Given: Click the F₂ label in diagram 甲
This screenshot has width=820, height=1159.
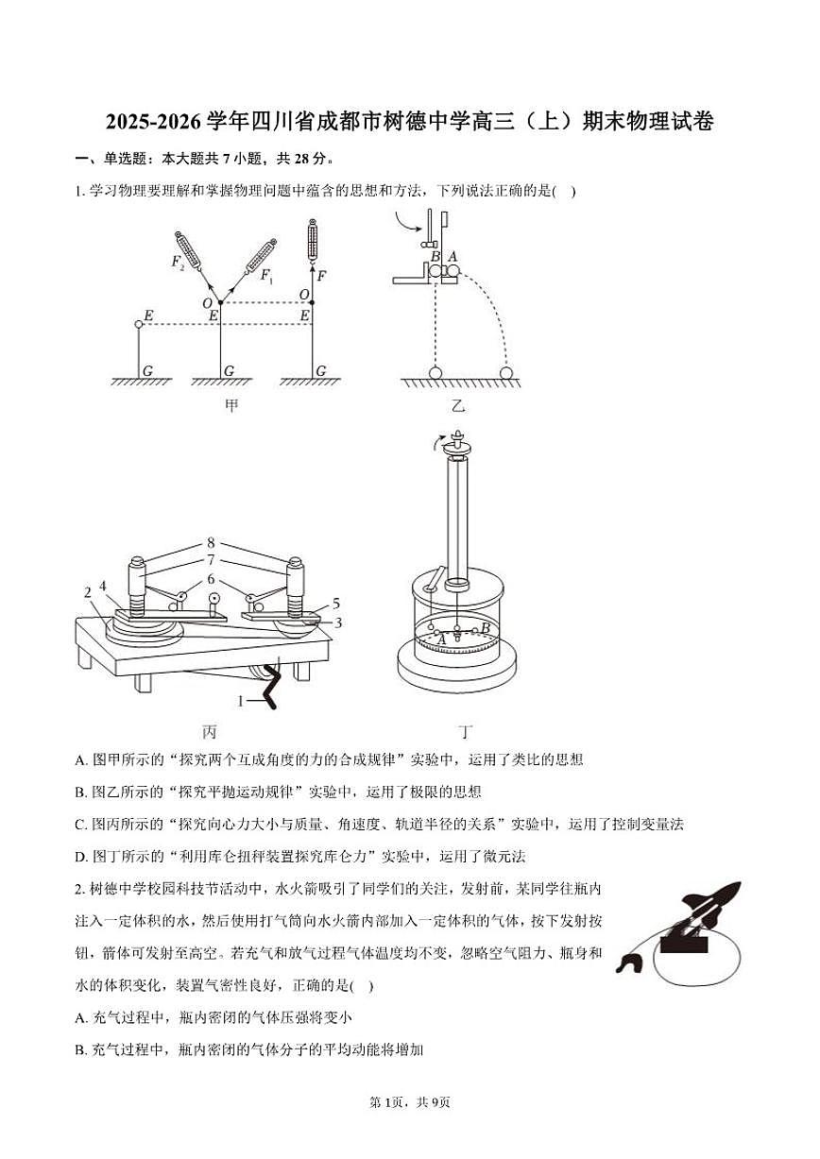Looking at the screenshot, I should click(x=179, y=262).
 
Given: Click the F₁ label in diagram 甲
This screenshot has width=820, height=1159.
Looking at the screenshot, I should click(x=266, y=277).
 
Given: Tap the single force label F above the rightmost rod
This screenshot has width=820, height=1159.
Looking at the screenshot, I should click(x=322, y=276).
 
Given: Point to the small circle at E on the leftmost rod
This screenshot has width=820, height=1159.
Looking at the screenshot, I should click(x=139, y=324).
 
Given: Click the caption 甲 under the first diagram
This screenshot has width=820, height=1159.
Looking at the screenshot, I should click(x=231, y=406).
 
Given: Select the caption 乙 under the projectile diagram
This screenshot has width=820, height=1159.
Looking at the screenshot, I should click(x=458, y=406).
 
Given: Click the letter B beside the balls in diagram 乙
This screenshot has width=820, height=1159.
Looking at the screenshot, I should click(x=435, y=256).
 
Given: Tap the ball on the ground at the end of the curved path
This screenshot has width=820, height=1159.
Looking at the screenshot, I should click(x=507, y=372).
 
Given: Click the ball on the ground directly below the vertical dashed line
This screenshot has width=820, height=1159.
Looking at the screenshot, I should click(x=436, y=372).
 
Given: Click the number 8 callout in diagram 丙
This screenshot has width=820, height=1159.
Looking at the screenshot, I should click(x=212, y=543).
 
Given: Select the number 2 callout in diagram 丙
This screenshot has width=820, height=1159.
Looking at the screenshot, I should click(x=87, y=592).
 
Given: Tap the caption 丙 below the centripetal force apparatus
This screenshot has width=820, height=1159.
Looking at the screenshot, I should click(x=210, y=731).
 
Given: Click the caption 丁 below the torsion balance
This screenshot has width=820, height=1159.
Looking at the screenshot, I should click(x=465, y=731).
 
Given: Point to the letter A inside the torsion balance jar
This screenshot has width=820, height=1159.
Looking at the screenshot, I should click(x=441, y=639).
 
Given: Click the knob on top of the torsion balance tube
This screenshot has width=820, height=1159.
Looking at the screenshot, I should click(x=459, y=442).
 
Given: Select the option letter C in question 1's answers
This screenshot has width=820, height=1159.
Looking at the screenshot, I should click(x=80, y=824).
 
